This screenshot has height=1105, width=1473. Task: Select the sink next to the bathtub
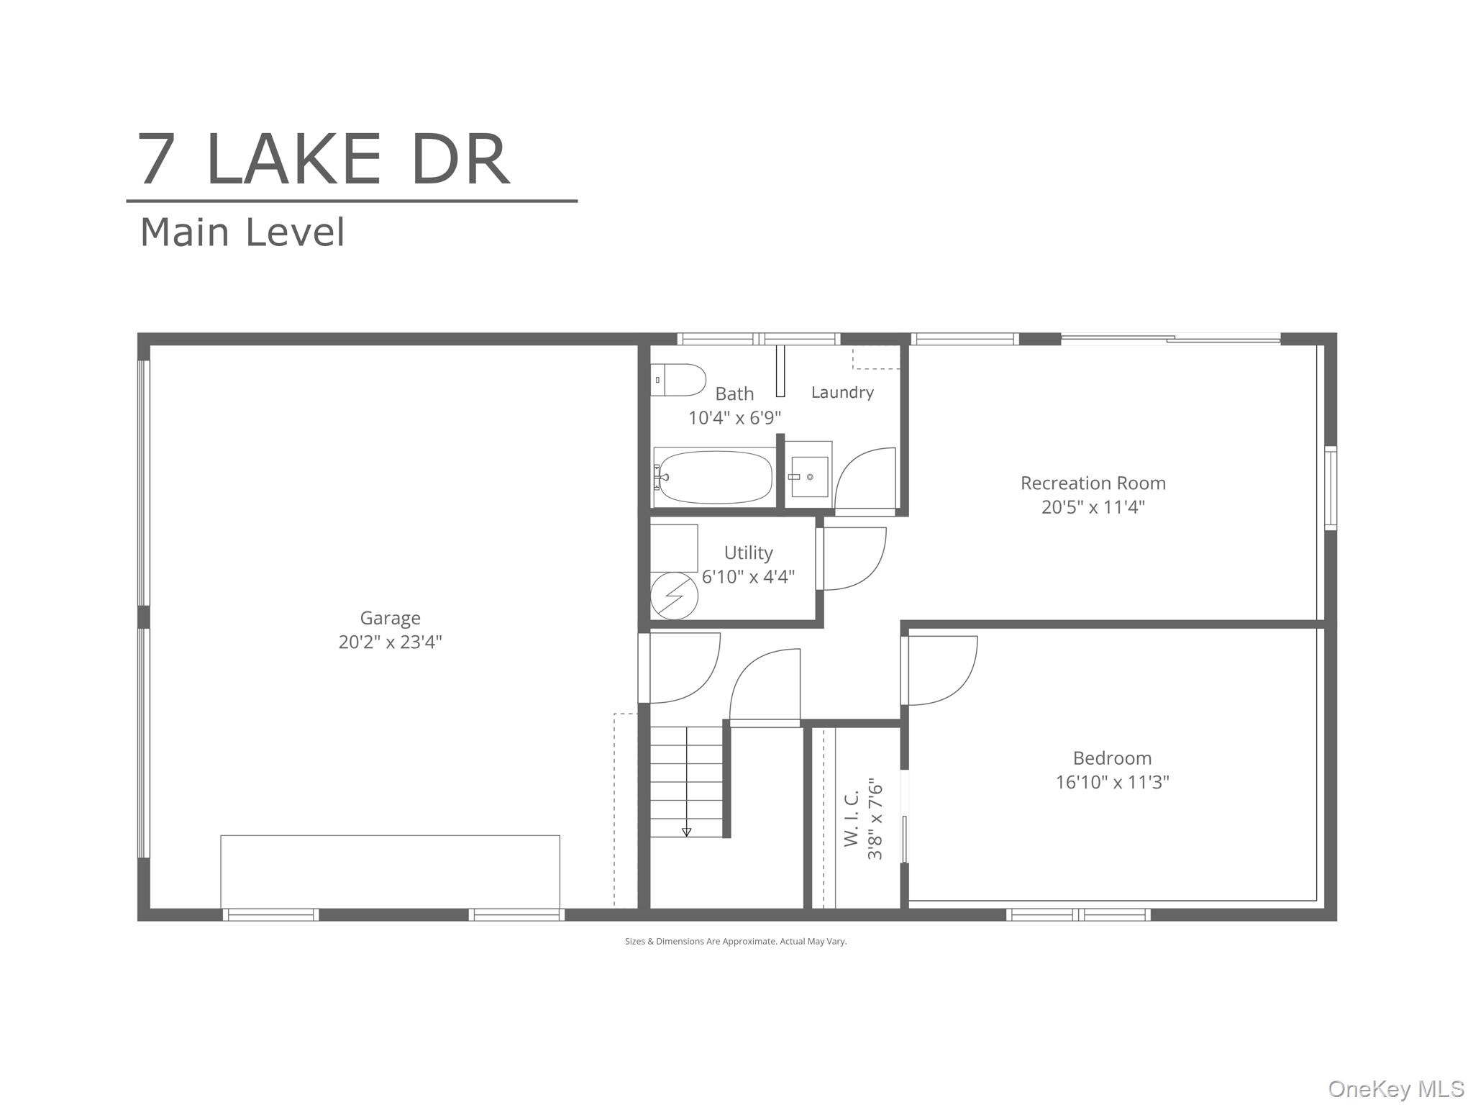[x=809, y=476]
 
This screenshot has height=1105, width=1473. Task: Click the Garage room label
[x=390, y=618]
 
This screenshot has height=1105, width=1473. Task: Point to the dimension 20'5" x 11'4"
[x=1093, y=507]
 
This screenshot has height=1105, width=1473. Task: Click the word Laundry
[x=842, y=392]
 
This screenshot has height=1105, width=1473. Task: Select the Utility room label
[x=748, y=552]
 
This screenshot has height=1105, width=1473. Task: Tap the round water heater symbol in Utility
[x=674, y=596]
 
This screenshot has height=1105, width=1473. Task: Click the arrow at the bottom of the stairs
[x=686, y=832]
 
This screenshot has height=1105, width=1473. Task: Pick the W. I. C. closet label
[x=852, y=819]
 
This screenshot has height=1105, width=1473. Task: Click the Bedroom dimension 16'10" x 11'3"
[x=1112, y=782]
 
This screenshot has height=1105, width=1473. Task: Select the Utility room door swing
[x=854, y=559]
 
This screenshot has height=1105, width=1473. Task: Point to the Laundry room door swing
[x=865, y=478]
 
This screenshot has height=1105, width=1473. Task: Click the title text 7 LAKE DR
[x=324, y=160]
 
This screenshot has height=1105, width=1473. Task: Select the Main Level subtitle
[x=242, y=232]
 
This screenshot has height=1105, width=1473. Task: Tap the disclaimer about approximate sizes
[x=735, y=941]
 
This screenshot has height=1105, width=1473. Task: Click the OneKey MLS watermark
[x=1395, y=1089]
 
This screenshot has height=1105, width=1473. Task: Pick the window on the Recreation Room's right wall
[x=1331, y=488]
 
